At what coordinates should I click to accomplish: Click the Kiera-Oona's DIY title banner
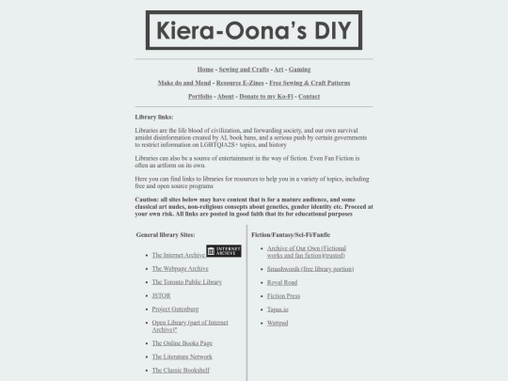[254, 29]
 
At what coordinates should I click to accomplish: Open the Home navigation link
[205, 70]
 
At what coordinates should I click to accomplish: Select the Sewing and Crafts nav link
[244, 70]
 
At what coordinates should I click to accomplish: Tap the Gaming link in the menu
[299, 70]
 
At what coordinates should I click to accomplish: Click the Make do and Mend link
[184, 83]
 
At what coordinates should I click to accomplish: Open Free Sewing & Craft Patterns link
[310, 83]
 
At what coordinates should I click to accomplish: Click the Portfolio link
[199, 96]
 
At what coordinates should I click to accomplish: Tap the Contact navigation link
[309, 96]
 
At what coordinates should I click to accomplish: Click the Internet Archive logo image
[224, 251]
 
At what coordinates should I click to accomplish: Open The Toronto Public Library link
[186, 281]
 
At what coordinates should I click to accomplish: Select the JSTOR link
[161, 295]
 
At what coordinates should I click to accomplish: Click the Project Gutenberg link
[175, 309]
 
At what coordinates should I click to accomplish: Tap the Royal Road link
[282, 282]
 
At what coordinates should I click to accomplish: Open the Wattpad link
[278, 323]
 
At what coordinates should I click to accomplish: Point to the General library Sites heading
[166, 233]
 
